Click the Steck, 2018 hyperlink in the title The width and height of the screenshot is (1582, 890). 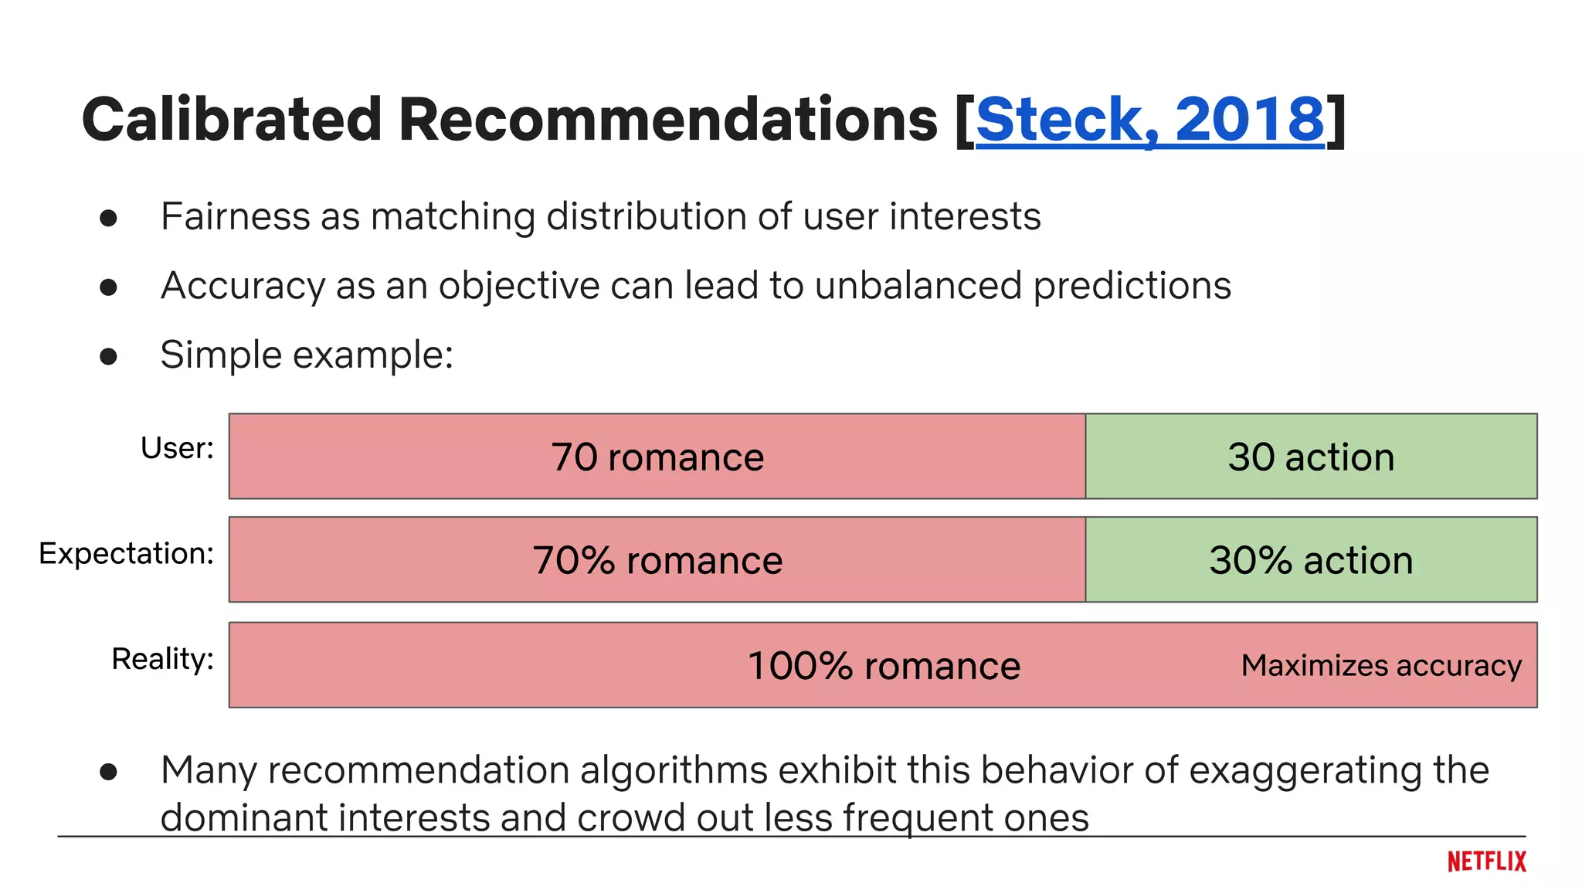(1149, 120)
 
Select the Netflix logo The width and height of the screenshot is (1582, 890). (1486, 861)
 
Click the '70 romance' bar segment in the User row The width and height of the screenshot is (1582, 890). (657, 457)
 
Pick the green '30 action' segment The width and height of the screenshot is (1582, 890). (1311, 457)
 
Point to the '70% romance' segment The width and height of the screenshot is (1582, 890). (657, 560)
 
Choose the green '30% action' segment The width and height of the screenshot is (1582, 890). (1311, 560)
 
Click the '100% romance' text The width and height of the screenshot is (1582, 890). (884, 666)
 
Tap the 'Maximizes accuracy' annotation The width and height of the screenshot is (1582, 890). (1381, 665)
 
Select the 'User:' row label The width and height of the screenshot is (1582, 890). (177, 448)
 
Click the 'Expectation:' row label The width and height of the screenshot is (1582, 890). (126, 553)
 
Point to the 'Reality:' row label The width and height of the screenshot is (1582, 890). (162, 659)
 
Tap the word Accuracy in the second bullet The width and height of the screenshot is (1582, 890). (243, 286)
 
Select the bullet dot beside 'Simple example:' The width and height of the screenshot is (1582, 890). (108, 356)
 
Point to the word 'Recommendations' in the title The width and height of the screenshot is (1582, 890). (668, 120)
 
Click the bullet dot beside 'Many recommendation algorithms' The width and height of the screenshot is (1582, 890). (108, 771)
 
